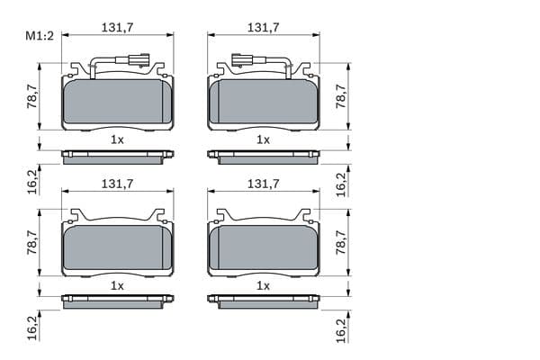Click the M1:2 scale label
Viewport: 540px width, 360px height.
click(x=40, y=35)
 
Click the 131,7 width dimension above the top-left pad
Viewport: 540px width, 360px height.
click(x=117, y=28)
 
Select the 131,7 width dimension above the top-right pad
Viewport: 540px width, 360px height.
click(x=264, y=28)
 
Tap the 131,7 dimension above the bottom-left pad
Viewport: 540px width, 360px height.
click(x=117, y=184)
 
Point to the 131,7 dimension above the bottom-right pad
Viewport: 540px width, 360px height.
click(x=264, y=184)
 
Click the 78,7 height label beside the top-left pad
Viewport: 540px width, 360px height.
click(x=32, y=96)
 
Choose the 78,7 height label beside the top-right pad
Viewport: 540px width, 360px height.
click(x=341, y=96)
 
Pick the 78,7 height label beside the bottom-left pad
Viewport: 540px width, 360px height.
click(x=32, y=242)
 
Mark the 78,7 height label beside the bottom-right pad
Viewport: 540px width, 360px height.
click(x=341, y=242)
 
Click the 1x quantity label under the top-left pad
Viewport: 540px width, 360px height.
click(x=117, y=139)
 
